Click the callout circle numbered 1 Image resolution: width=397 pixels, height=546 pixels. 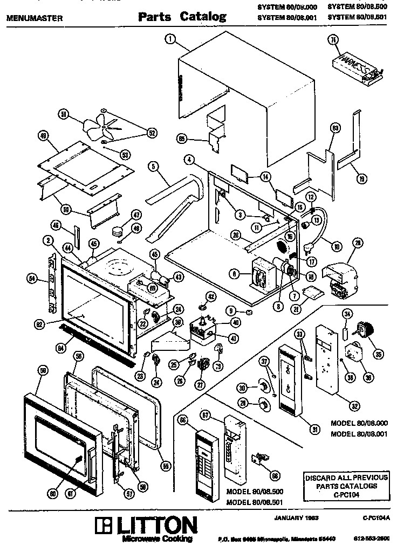tap(170, 38)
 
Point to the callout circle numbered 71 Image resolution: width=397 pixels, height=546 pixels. tap(334, 40)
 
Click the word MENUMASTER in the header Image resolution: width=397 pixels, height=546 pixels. tap(34, 18)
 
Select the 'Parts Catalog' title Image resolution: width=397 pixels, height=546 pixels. tap(182, 17)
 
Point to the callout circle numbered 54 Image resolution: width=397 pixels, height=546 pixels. tap(32, 278)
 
